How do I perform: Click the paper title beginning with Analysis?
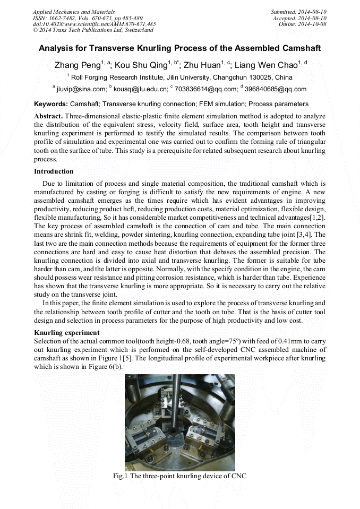tap(179, 48)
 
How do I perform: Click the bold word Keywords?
tap(51, 104)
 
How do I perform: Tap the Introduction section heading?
tap(54, 171)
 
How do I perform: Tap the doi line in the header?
tap(94, 24)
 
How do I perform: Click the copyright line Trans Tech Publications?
tap(93, 30)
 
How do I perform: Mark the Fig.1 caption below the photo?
tap(179, 476)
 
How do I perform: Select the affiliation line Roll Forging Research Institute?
tap(179, 77)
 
